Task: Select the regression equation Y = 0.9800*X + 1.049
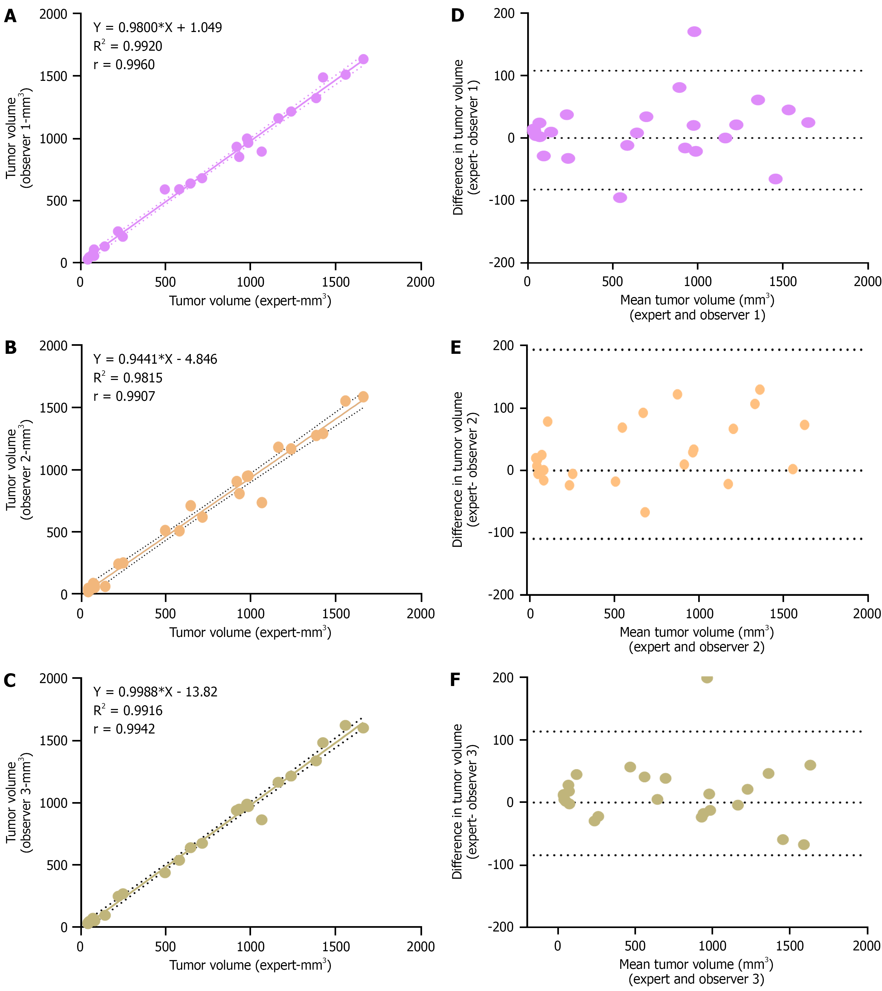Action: (x=158, y=28)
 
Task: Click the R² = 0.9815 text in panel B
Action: (x=128, y=378)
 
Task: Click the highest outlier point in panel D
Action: (x=694, y=31)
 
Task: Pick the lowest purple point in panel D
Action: (x=620, y=197)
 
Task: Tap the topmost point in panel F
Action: (x=707, y=678)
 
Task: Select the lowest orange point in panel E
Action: (x=645, y=512)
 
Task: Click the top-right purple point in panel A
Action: (x=363, y=59)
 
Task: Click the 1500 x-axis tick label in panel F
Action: (x=790, y=945)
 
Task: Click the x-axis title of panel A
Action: (x=250, y=301)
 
